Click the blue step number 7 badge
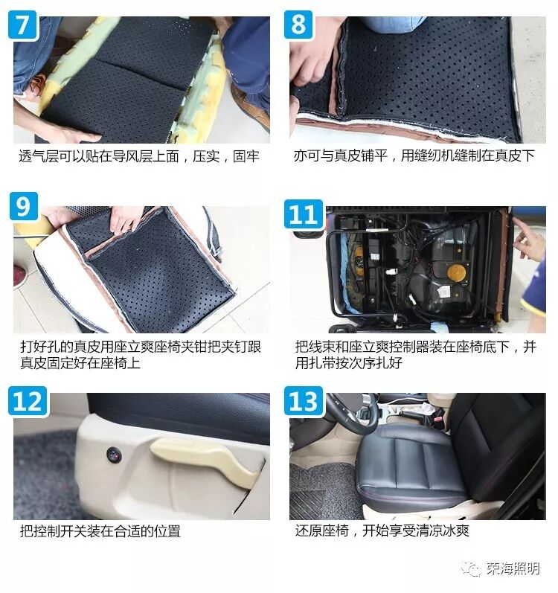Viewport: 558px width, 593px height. point(22,25)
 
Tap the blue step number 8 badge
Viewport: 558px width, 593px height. point(298,25)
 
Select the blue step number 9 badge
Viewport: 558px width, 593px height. point(24,206)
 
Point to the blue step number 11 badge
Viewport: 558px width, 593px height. point(304,214)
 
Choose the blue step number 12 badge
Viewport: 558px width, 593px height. point(28,401)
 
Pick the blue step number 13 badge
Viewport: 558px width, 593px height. point(304,401)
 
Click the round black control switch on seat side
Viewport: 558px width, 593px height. point(113,454)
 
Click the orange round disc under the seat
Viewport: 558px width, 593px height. point(456,272)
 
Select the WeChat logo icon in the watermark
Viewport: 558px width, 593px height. point(472,568)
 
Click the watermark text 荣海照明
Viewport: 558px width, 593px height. point(513,568)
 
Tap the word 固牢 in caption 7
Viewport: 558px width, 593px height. point(246,156)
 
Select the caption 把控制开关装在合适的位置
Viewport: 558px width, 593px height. point(100,531)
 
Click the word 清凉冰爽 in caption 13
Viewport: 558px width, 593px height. point(443,531)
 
